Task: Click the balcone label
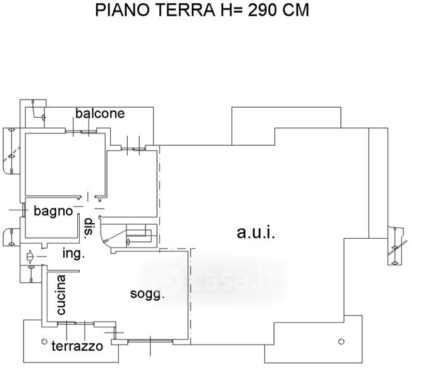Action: pos(100,114)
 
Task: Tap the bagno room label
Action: pos(54,211)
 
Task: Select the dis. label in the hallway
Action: pos(89,229)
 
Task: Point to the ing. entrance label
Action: pos(73,253)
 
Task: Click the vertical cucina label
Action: pos(61,295)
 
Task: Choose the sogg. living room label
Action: pos(147,294)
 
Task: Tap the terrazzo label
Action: pos(77,346)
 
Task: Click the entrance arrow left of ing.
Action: pos(31,256)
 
